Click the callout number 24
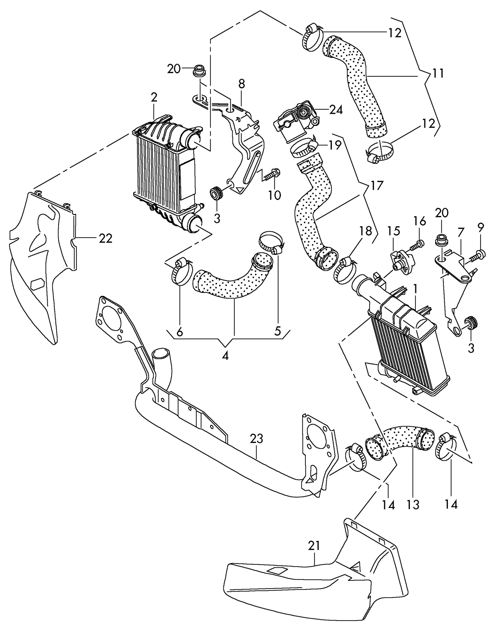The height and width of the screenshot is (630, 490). tap(336, 110)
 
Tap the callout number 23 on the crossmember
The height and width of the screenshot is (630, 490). tap(257, 439)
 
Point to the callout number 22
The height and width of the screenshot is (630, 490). tap(105, 238)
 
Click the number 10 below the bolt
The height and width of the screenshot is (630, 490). tap(274, 195)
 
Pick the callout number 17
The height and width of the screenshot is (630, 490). tap(376, 186)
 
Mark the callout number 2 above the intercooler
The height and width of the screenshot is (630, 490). tap(154, 97)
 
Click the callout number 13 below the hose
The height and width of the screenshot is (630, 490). tap(413, 505)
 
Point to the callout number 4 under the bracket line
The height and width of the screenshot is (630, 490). tap(225, 356)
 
